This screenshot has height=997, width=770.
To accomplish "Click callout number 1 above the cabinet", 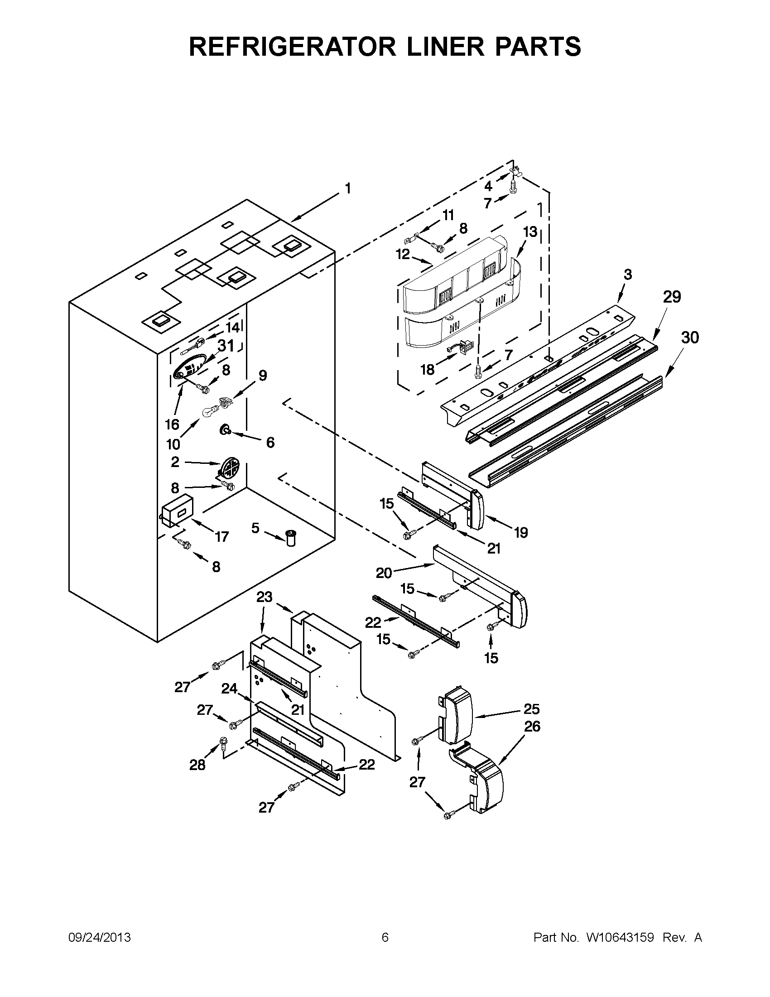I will click(348, 188).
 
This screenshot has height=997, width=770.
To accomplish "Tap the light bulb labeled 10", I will click(209, 410).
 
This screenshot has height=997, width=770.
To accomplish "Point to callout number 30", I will click(690, 337).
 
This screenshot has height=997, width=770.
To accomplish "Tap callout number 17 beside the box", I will click(221, 537).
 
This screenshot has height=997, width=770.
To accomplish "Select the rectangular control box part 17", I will click(177, 513).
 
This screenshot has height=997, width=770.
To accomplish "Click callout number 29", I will click(671, 297).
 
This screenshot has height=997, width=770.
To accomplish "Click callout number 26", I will click(532, 726).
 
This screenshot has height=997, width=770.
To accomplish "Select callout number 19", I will click(520, 532).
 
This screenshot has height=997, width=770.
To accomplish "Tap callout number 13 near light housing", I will click(529, 232).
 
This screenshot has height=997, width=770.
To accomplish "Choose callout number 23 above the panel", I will click(264, 597).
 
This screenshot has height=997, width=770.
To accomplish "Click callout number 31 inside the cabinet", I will click(226, 346).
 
